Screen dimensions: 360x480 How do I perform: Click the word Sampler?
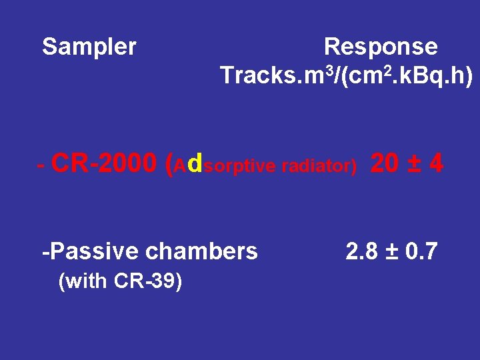tap(89, 47)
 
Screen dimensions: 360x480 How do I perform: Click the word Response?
tap(380, 47)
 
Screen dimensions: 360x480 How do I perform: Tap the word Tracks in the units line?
tap(251, 77)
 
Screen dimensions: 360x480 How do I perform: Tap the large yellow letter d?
tap(195, 163)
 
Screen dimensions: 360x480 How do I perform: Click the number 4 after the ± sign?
tap(436, 163)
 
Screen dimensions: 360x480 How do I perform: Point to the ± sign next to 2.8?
tap(391, 252)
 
